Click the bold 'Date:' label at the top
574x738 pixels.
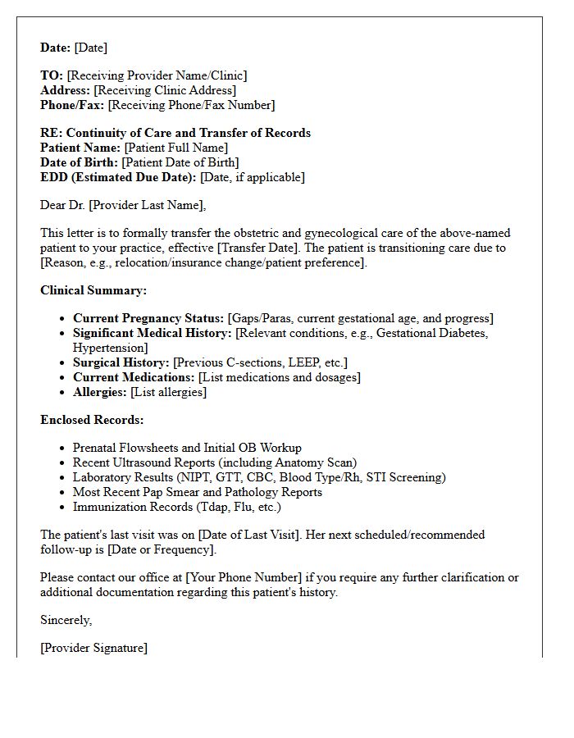(56, 48)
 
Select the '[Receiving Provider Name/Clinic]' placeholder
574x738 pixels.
(157, 75)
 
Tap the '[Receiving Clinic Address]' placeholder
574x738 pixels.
(165, 90)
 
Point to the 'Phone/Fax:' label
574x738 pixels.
(72, 105)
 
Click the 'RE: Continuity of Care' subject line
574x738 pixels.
(175, 133)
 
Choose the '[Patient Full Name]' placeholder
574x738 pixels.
(176, 148)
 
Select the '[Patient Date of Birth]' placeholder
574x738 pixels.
(180, 162)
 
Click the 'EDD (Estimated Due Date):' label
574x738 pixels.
(118, 177)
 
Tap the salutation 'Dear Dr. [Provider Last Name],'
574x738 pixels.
(123, 205)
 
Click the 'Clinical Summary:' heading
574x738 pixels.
(93, 290)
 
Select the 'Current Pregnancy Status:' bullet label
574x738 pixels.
(148, 318)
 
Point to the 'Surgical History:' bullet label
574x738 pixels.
(121, 362)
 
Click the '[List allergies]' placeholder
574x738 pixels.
(169, 392)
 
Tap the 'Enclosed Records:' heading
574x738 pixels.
(92, 420)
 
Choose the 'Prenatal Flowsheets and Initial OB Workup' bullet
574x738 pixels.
(187, 448)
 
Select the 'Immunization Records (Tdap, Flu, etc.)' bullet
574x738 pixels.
(177, 507)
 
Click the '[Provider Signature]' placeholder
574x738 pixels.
(94, 648)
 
